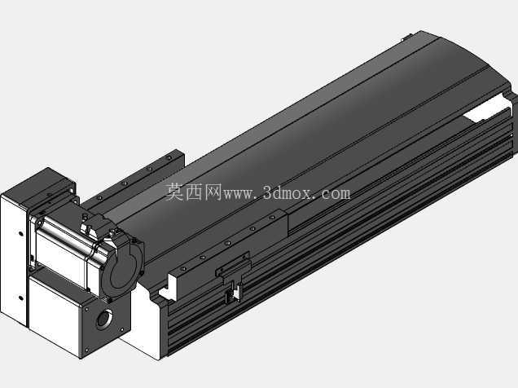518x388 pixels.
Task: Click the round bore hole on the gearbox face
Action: tap(104, 319)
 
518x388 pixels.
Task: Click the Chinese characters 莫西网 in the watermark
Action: tap(194, 192)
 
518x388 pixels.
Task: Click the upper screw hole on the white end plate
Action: tap(21, 234)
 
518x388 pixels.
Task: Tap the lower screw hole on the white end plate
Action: tap(21, 298)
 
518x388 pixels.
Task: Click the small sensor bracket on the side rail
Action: tap(234, 276)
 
